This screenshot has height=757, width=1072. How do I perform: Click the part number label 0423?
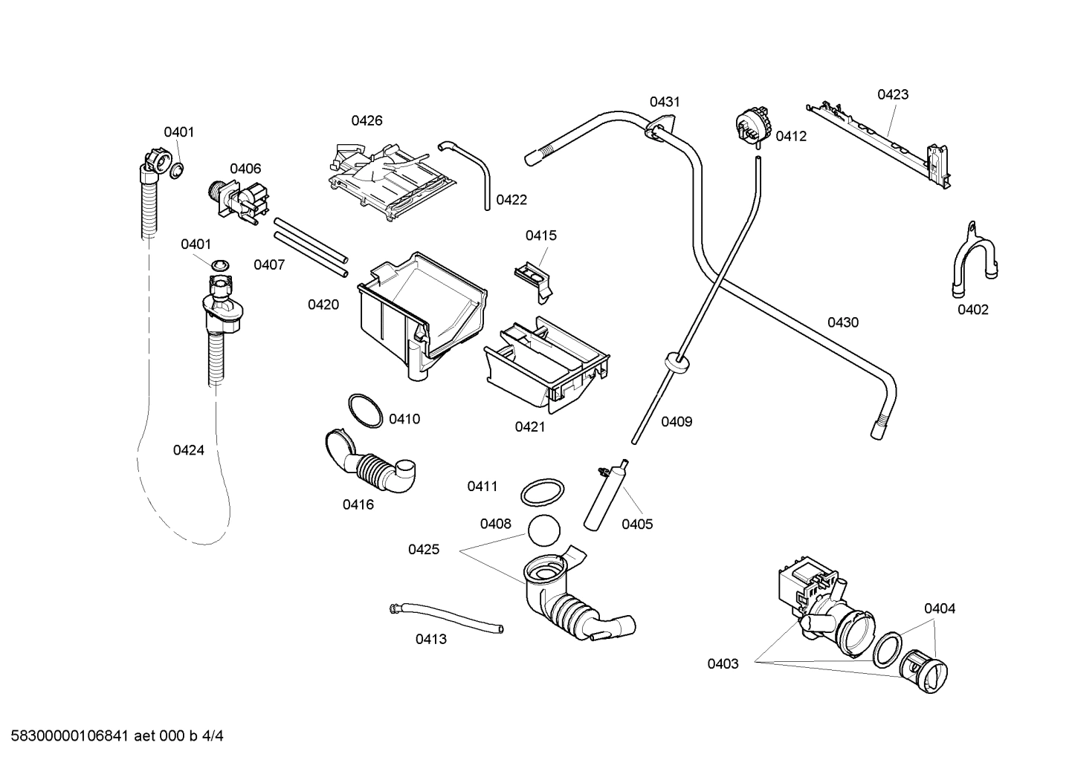[x=892, y=94]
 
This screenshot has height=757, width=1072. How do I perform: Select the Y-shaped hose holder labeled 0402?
[x=972, y=261]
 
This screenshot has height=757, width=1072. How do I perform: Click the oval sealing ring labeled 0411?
[x=540, y=492]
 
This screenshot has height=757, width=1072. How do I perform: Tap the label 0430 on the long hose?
[x=842, y=322]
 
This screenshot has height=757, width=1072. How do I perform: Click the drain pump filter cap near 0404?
[x=926, y=670]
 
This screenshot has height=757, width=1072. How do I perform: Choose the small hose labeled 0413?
[x=446, y=618]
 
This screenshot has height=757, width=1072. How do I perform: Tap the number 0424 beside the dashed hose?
[x=188, y=450]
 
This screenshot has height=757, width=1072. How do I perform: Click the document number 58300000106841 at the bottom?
[x=67, y=736]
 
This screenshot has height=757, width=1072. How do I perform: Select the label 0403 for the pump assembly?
[x=723, y=664]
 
